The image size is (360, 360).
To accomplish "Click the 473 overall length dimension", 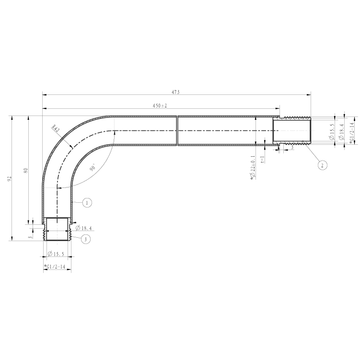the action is tap(175, 92).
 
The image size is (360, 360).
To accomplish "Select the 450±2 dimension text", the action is tap(160, 105).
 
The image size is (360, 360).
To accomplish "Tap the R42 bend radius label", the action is tap(56, 128).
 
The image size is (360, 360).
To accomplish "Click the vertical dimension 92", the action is tap(9, 179).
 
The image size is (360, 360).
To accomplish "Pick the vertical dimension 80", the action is tap(26, 170).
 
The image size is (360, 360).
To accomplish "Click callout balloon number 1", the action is tap(87, 203).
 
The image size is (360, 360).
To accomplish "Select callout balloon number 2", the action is tap(322, 165).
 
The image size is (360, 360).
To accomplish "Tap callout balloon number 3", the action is tap(86, 239).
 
